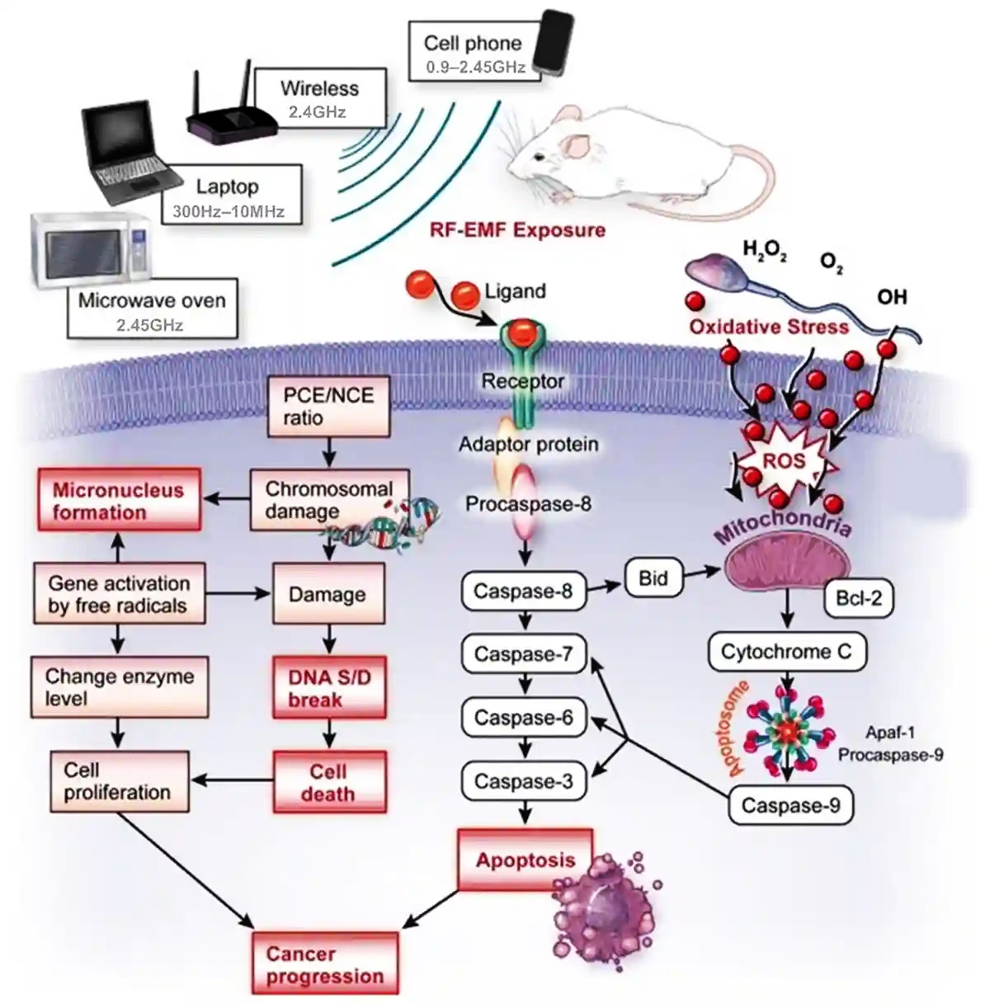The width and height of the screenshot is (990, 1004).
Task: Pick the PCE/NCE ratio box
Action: [x=328, y=406]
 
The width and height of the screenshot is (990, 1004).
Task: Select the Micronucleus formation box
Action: [x=118, y=500]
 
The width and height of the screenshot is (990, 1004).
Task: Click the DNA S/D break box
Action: [x=329, y=689]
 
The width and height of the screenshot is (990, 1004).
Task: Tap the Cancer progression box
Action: [x=324, y=964]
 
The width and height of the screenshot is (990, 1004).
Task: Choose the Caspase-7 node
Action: [x=523, y=654]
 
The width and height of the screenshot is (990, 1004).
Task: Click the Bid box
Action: [x=653, y=578]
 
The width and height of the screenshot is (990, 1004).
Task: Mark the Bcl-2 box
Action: [x=858, y=597]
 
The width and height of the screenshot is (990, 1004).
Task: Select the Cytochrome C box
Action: [x=785, y=652]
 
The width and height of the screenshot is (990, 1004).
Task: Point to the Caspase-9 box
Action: [x=790, y=805]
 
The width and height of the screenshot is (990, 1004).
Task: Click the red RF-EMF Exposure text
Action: [x=517, y=229]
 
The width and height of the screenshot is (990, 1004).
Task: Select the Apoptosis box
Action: [x=525, y=860]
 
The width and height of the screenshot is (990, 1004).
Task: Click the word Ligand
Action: [x=515, y=291]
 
